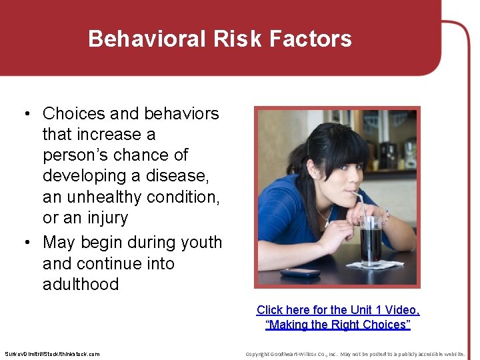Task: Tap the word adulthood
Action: coord(81,284)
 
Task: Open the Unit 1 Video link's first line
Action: coord(338,310)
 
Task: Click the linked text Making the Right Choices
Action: coord(338,325)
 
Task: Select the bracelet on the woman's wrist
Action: coord(385,217)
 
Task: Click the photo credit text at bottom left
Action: coord(52,354)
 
